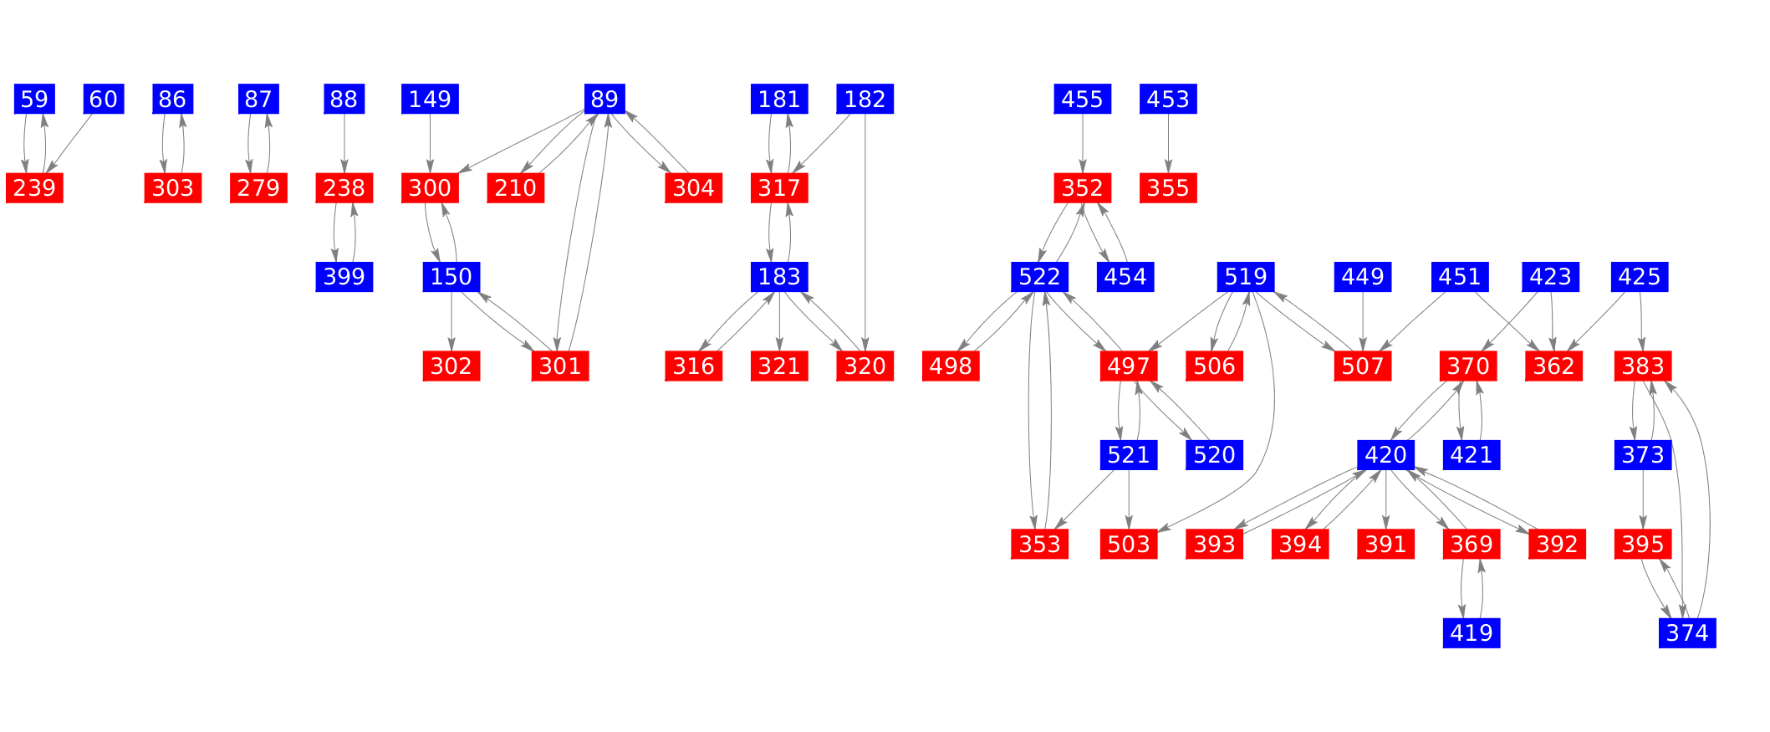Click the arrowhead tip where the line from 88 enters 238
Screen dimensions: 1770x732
(x=344, y=173)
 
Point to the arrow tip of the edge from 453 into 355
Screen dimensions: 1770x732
(x=1168, y=173)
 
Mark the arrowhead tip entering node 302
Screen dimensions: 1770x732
(x=451, y=351)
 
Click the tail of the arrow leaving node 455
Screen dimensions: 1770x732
(x=1083, y=115)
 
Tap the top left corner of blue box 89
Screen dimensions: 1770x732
(x=584, y=84)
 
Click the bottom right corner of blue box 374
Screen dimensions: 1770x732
(x=1716, y=648)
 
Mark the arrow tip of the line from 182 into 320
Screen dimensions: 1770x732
(x=865, y=351)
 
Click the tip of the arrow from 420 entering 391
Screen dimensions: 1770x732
(x=1386, y=529)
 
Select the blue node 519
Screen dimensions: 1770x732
(x=1246, y=276)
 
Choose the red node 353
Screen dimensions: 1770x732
(x=1040, y=545)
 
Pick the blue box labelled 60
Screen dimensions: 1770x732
(x=104, y=100)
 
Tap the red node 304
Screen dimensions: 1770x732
(x=693, y=188)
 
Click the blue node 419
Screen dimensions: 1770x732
(x=1472, y=632)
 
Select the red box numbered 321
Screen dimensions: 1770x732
(x=779, y=366)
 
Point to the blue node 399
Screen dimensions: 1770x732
(x=344, y=276)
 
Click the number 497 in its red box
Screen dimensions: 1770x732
(x=1129, y=366)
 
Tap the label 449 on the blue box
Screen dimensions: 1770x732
(x=1363, y=276)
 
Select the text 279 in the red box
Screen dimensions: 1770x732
(x=258, y=188)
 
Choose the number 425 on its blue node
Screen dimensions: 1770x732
(x=1640, y=276)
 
